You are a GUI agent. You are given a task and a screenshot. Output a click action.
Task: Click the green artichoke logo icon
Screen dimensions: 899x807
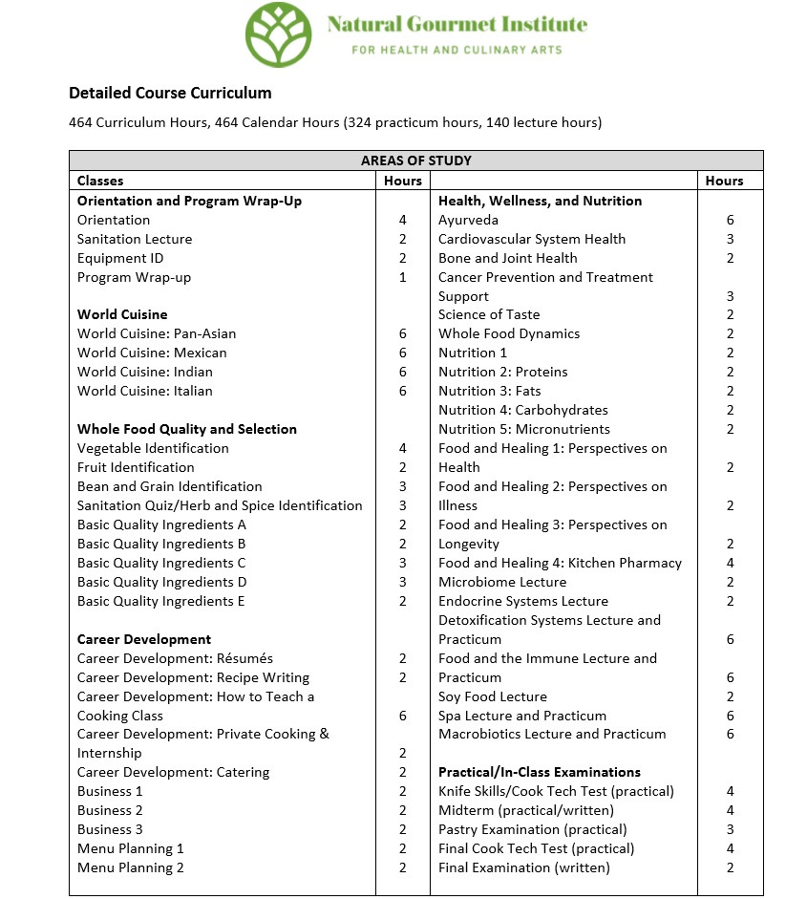tap(279, 34)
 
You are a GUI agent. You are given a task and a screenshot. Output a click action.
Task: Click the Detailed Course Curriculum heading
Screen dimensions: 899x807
tap(170, 93)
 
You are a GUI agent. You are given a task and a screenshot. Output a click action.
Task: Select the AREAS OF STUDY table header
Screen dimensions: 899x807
tap(415, 161)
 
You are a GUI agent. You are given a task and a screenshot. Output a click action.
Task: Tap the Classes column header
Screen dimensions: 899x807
tap(100, 180)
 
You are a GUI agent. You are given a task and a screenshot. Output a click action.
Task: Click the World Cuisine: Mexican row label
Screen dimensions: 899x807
tap(152, 353)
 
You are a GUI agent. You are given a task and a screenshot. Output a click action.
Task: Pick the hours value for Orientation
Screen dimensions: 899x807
tap(403, 220)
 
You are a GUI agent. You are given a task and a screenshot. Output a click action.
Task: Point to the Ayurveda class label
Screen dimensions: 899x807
tap(468, 220)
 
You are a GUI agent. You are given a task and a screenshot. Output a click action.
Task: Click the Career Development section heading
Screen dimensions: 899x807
tap(144, 639)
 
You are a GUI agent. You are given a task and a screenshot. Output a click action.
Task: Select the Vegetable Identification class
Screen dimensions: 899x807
tap(153, 448)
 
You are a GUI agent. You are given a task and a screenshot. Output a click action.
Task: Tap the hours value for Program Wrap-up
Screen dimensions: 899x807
tap(403, 277)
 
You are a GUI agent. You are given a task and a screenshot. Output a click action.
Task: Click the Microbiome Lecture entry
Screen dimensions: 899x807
tap(502, 582)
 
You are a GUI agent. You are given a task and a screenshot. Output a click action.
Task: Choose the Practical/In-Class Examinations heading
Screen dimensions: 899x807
tap(540, 772)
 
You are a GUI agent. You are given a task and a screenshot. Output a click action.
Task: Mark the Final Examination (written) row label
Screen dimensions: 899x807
tap(523, 867)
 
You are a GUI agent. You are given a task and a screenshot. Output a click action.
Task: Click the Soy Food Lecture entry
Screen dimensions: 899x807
tap(493, 696)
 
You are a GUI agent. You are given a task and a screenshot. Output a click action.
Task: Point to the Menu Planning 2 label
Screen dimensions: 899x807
tap(131, 867)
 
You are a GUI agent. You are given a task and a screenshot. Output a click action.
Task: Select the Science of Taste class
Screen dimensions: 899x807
tap(489, 314)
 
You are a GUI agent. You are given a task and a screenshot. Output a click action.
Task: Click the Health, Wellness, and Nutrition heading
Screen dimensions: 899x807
tap(540, 201)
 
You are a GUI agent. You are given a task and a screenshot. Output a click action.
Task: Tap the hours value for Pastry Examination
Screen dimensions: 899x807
tap(730, 829)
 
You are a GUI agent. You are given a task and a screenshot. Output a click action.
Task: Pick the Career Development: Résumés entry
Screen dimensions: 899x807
tap(175, 658)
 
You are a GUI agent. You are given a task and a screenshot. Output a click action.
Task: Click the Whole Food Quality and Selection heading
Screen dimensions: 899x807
tap(187, 429)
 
